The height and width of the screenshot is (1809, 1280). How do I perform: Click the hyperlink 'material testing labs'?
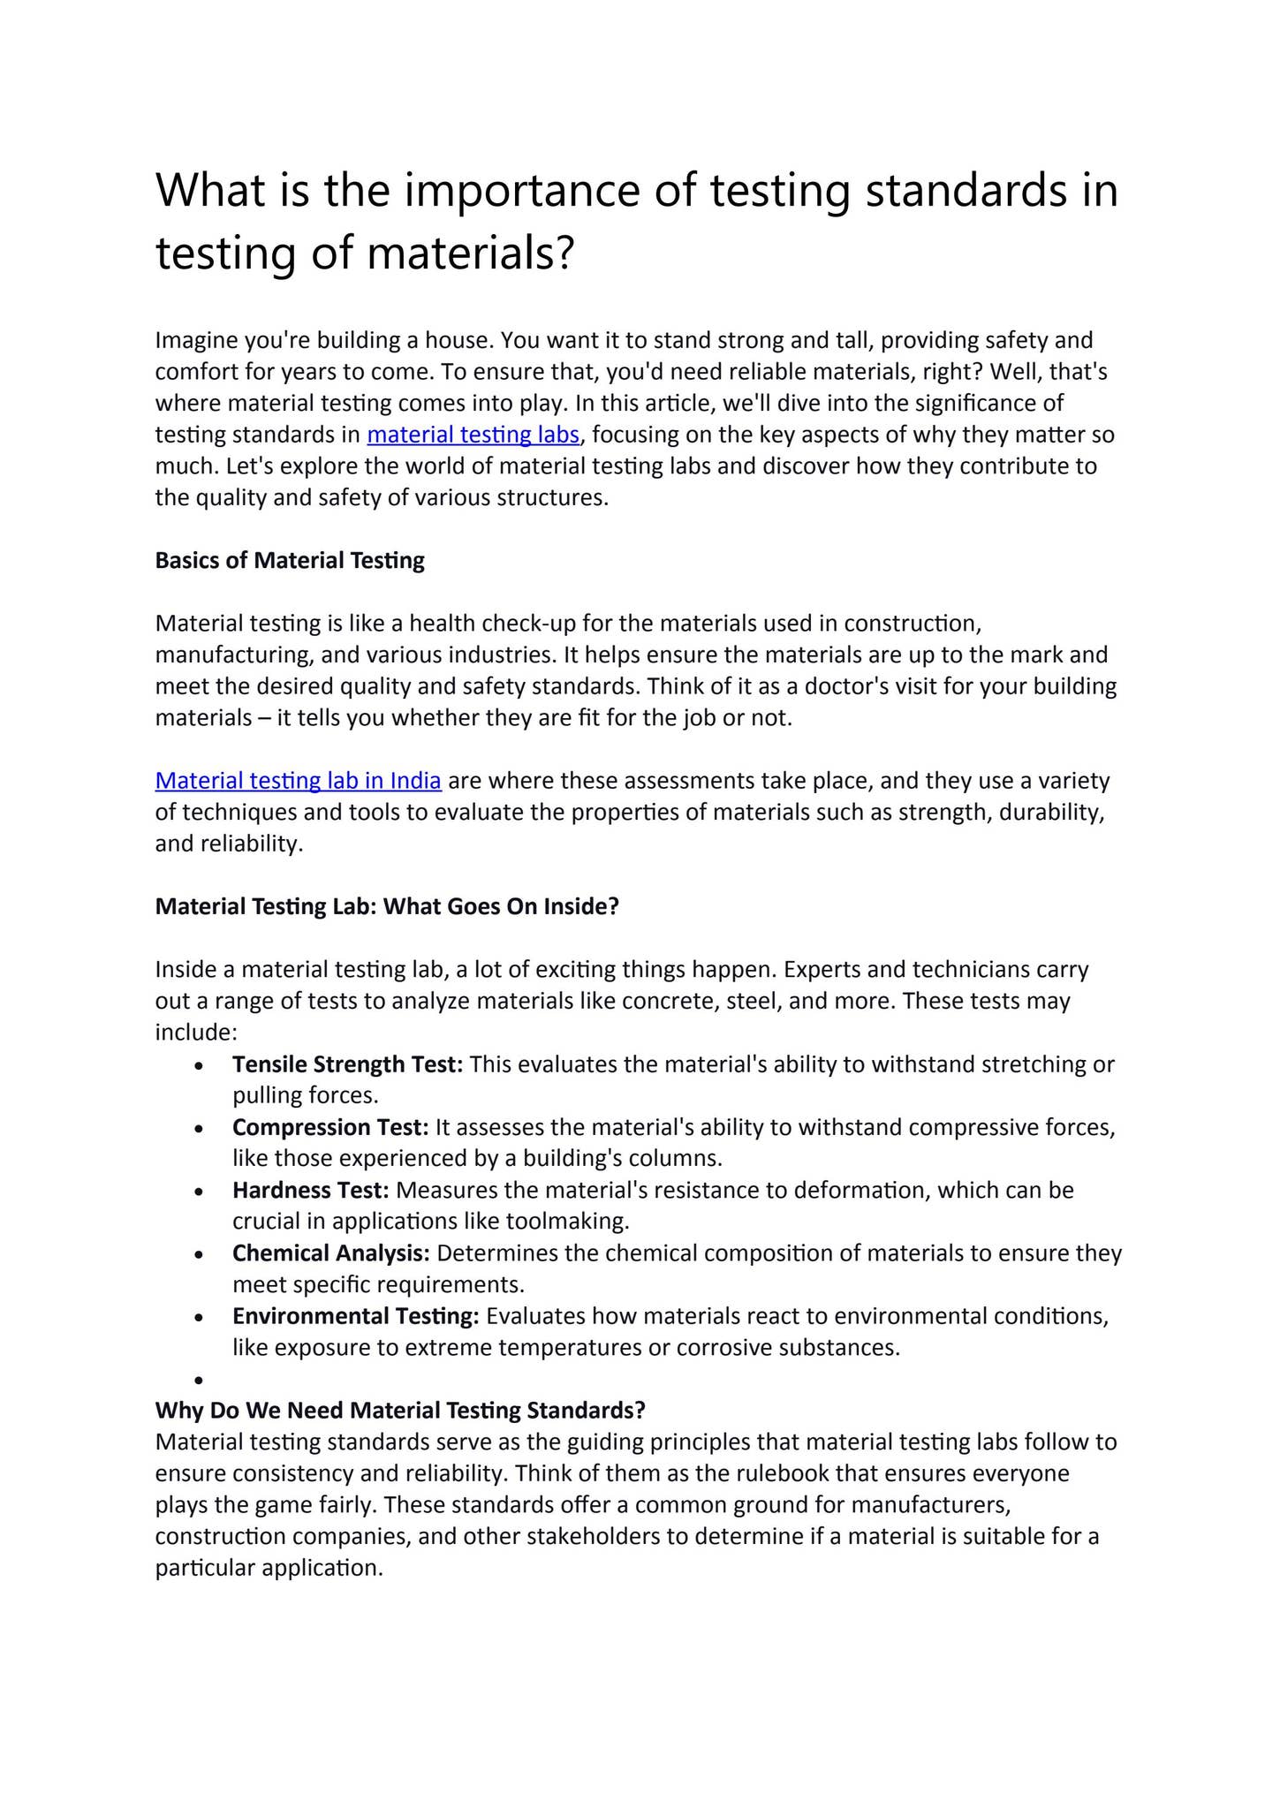tap(473, 435)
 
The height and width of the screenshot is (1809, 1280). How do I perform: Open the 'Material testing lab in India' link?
tap(298, 781)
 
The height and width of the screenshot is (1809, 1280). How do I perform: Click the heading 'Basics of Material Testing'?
tap(290, 561)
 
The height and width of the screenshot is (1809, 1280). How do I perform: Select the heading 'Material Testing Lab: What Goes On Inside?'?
tap(387, 907)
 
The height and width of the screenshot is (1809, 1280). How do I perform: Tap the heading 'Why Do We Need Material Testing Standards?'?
tap(400, 1411)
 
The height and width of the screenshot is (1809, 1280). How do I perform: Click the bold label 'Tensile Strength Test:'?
tap(347, 1064)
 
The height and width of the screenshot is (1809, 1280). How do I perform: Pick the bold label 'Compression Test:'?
tap(330, 1127)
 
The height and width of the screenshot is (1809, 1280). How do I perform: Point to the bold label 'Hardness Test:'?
tap(310, 1191)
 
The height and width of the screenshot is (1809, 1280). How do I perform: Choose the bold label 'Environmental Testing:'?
tap(355, 1316)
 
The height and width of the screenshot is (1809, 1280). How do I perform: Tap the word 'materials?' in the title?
tap(471, 254)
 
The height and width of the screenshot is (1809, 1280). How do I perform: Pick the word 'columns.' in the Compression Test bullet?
tap(683, 1158)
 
